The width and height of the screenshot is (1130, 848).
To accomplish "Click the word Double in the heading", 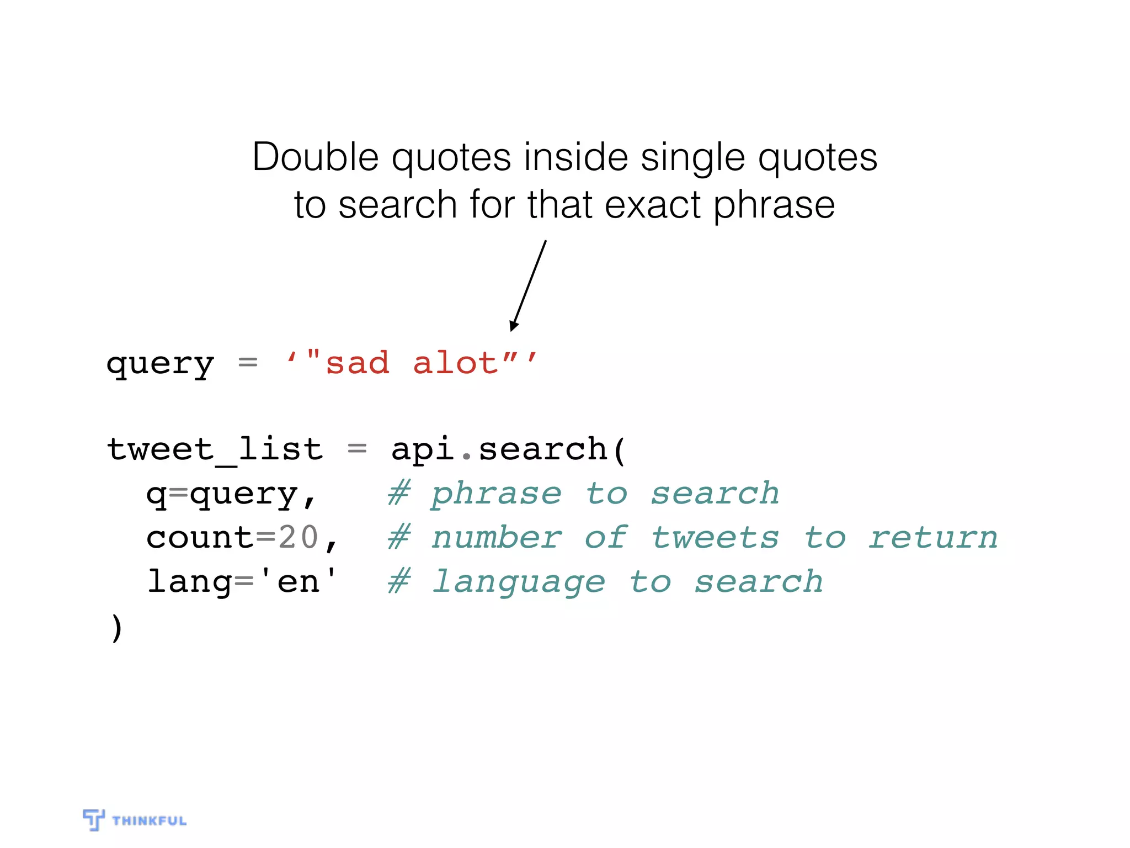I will coord(315,158).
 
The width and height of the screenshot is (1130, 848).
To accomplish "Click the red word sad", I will coord(358,364).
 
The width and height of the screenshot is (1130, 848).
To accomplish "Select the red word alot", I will coord(456,364).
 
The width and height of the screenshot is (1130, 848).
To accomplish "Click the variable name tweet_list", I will coord(215,449).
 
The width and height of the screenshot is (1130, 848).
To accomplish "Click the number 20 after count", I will coord(299,537).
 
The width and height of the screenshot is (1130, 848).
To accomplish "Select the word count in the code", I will coord(199,538).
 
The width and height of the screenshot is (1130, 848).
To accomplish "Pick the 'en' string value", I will coord(298,581).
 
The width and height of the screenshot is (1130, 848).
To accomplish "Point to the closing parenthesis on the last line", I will coord(116,628).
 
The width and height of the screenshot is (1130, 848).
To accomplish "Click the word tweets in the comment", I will coord(715,538).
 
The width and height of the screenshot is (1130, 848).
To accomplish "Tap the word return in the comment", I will coord(933,538).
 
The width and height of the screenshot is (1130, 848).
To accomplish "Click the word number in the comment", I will coord(497,538).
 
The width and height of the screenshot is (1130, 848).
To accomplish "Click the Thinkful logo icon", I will coord(93,819).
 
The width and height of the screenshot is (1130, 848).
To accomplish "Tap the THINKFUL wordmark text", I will coord(150,821).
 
